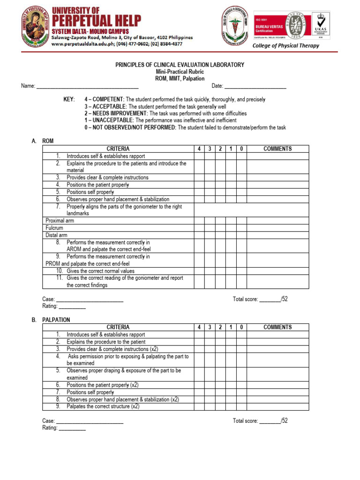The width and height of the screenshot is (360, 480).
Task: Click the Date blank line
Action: (255, 86)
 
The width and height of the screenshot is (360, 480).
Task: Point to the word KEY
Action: (69, 99)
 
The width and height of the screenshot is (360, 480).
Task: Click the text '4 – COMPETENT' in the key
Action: (104, 99)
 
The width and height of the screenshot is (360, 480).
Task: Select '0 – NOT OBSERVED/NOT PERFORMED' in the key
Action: (130, 127)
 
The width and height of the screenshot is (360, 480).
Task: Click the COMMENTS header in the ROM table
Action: (277, 149)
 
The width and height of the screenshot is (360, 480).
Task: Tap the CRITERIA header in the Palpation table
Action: (118, 327)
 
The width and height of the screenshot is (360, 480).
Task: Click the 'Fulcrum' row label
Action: (54, 228)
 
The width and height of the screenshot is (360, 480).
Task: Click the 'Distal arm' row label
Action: (56, 235)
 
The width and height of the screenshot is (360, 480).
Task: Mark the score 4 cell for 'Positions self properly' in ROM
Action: (199, 192)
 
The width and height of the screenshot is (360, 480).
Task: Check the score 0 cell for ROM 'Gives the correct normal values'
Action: (241, 271)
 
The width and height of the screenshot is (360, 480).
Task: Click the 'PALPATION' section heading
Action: (56, 320)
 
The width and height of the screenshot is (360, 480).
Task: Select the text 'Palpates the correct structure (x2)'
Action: (103, 406)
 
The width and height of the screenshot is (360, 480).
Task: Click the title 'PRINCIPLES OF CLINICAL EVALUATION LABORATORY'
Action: (180, 65)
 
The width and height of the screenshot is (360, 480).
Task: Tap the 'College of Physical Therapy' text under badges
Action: (285, 45)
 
